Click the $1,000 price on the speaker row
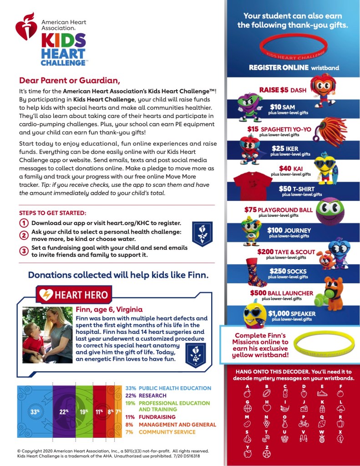click(279, 313)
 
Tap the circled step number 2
click(23, 235)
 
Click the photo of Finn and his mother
click(47, 335)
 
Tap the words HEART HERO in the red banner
click(81, 295)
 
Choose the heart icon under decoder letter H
click(267, 408)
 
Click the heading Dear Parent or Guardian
click(69, 81)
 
